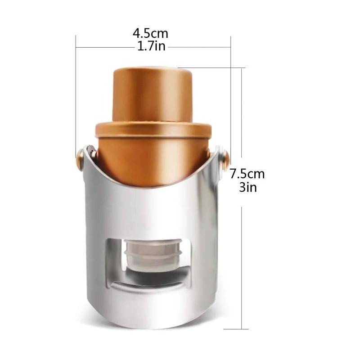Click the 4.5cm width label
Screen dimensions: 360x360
coord(150,33)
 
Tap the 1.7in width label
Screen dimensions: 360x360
coord(150,46)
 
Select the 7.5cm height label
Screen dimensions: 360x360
coord(247,174)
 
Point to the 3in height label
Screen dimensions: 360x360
coord(247,187)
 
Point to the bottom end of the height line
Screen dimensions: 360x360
coord(242,329)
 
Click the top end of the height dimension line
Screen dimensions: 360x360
coord(242,68)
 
